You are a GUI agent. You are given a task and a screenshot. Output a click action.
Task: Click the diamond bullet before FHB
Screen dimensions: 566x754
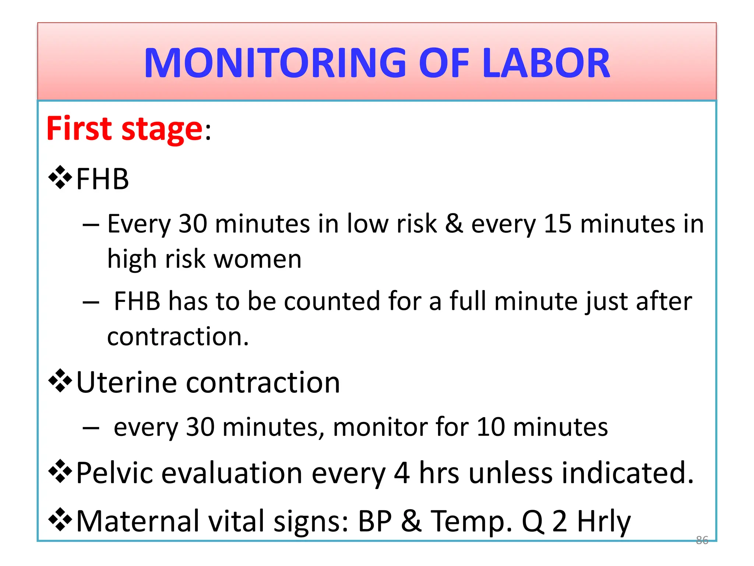[60, 178]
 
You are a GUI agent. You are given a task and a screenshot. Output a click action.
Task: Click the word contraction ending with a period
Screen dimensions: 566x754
[178, 336]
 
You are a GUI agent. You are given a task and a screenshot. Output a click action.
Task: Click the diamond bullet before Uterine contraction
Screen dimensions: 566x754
[60, 381]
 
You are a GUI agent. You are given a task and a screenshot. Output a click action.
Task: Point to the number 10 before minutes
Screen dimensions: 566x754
[491, 427]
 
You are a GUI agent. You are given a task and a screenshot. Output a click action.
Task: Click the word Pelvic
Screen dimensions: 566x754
[115, 473]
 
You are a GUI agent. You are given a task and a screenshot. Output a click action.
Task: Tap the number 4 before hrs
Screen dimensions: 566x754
[402, 473]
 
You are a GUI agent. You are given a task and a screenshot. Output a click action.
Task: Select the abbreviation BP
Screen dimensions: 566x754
[375, 521]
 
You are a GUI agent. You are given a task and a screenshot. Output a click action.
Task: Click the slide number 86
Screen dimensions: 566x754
[702, 540]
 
